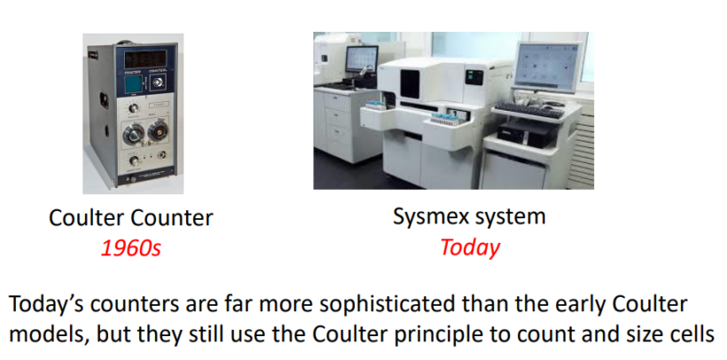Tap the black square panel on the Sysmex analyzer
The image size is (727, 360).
[410, 83]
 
